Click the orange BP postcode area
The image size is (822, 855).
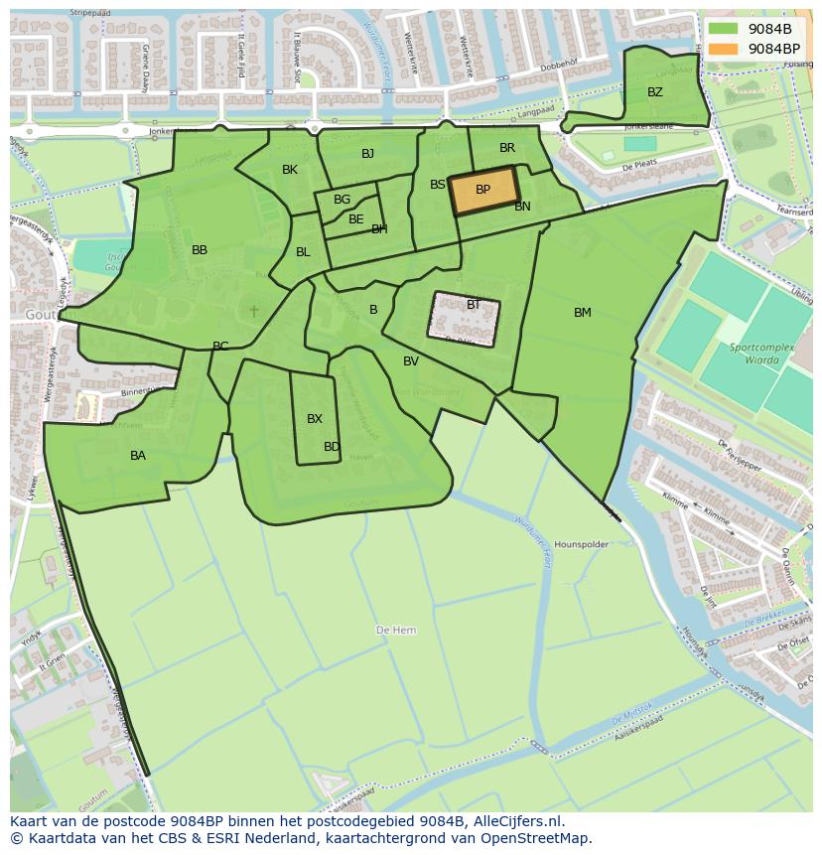(483, 191)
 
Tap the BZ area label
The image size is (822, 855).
(654, 92)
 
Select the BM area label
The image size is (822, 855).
(582, 313)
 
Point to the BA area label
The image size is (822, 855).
(138, 456)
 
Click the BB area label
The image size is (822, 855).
(200, 250)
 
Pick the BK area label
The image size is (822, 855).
(290, 170)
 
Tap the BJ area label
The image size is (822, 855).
(367, 153)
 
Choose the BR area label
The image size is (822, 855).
(507, 148)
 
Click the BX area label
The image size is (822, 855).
(315, 419)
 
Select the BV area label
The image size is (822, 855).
(411, 361)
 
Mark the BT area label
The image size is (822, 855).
(474, 305)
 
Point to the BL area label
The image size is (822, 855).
(303, 252)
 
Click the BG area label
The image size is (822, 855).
(342, 200)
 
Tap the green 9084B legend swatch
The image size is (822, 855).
(724, 29)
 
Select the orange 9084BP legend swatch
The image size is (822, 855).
(724, 49)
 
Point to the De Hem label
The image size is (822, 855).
(396, 631)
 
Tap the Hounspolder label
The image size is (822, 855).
(581, 545)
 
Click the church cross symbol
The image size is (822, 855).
(253, 312)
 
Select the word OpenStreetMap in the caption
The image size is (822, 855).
(536, 838)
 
